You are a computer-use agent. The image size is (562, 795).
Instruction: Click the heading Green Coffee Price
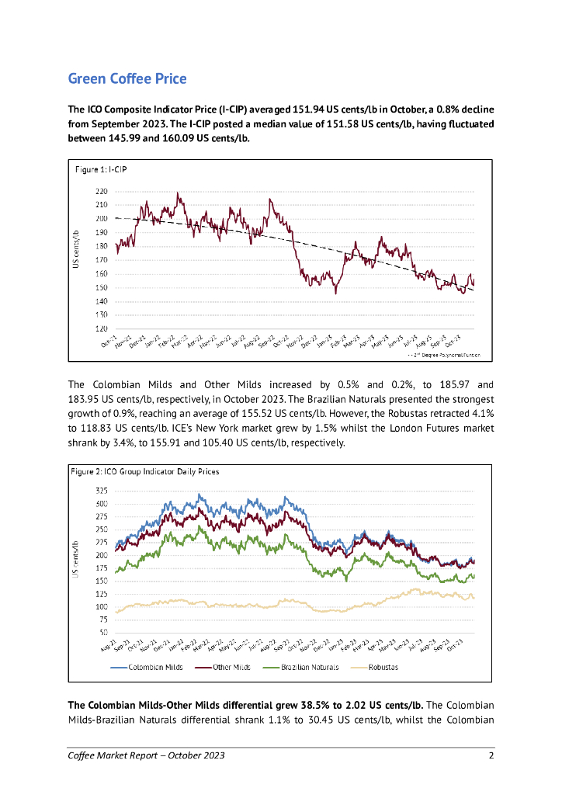tap(127, 78)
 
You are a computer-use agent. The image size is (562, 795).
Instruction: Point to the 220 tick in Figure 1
tap(102, 191)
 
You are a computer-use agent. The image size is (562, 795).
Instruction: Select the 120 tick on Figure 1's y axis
tap(102, 329)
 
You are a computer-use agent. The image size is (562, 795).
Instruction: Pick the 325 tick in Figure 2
tap(102, 491)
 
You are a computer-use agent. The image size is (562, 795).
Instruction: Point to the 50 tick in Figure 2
tap(104, 632)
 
